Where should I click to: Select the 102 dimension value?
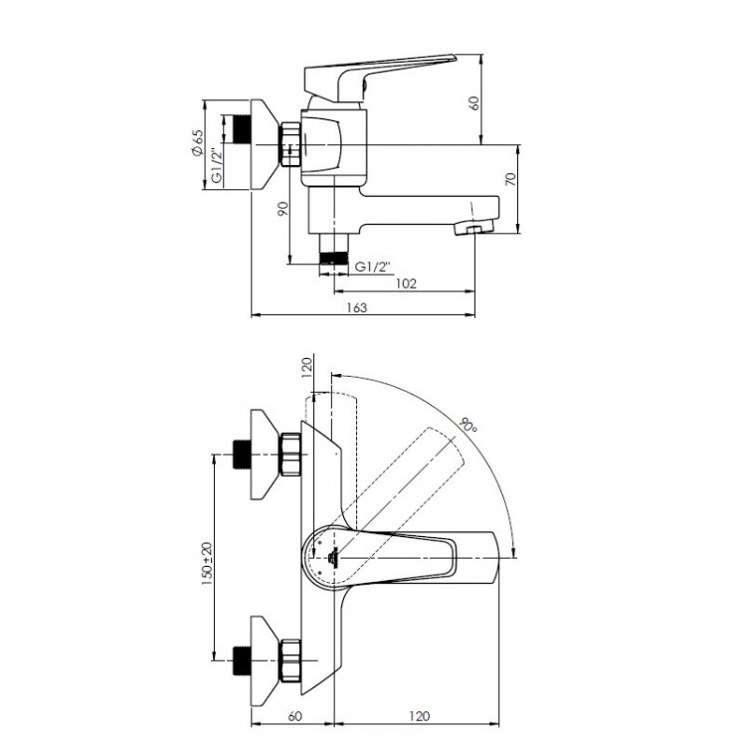404,282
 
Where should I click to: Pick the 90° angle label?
468,425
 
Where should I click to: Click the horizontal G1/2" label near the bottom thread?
375,266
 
